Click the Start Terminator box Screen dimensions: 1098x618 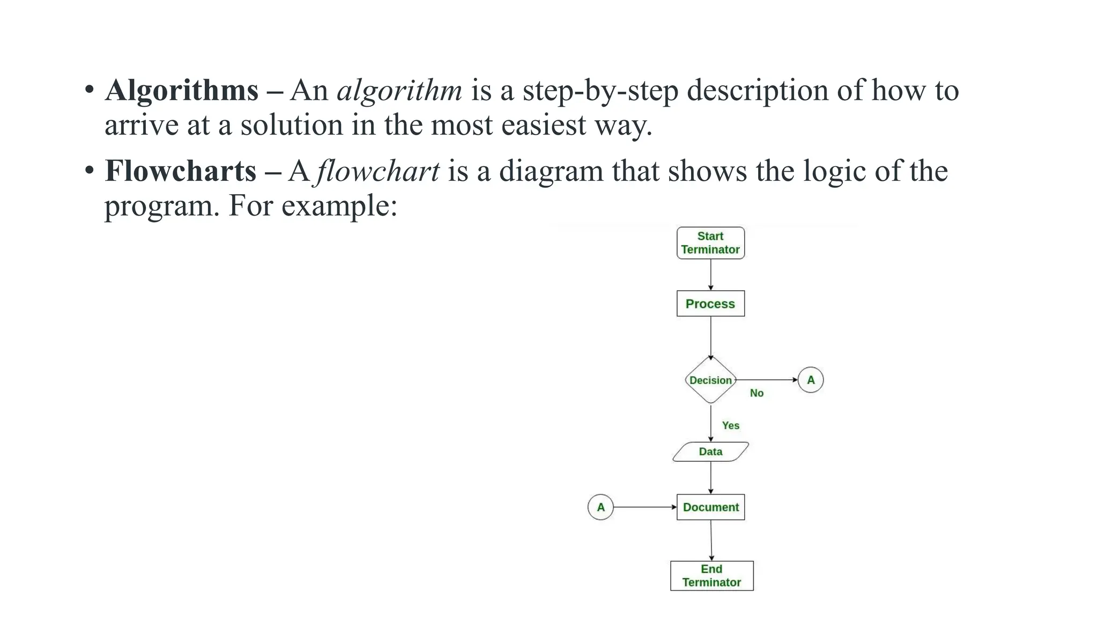pos(710,243)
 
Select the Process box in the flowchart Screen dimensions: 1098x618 pos(710,304)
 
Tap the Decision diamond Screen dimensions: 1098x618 pos(710,380)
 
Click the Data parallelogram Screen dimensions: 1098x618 pos(710,452)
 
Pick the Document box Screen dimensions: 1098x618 pos(710,507)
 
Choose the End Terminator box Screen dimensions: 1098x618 pos(711,576)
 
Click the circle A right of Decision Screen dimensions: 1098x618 pos(810,380)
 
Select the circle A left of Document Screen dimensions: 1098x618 pos(600,507)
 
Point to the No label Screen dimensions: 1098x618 pos(756,393)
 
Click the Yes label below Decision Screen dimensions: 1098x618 pos(730,425)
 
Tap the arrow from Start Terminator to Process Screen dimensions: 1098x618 pos(711,275)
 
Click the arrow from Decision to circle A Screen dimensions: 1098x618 pos(767,380)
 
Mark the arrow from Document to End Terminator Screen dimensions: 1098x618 pos(711,540)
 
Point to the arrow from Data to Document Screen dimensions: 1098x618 pos(711,477)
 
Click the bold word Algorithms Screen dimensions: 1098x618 pos(182,90)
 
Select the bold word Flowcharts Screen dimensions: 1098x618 pos(181,171)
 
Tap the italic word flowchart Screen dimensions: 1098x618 pos(378,171)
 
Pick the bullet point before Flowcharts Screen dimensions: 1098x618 pos(89,171)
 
